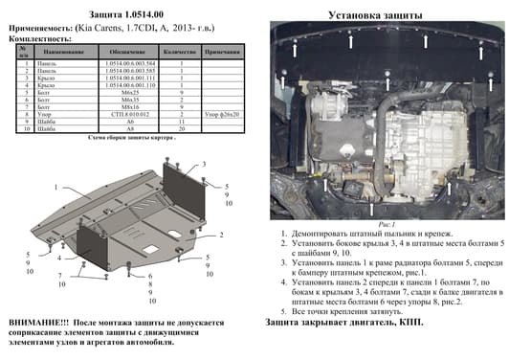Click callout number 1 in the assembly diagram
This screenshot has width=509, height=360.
[55, 186]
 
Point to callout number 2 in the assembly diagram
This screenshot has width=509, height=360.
[221, 234]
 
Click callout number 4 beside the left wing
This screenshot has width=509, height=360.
[58, 259]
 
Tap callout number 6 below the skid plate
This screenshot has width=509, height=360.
[151, 277]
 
